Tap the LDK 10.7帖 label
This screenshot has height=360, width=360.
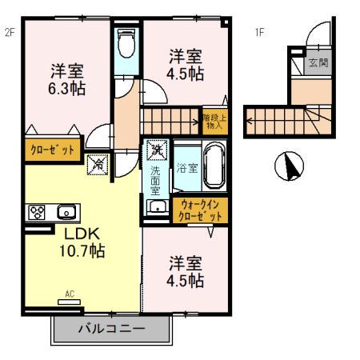80,242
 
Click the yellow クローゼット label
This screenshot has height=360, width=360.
53,150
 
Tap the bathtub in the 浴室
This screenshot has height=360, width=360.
213,165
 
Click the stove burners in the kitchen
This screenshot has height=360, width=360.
37,213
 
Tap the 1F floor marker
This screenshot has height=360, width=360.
259,33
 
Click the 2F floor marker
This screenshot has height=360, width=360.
10,33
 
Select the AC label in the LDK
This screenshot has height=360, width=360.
70,294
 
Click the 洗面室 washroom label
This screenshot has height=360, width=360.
156,180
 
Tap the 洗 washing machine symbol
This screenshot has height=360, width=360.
157,149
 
